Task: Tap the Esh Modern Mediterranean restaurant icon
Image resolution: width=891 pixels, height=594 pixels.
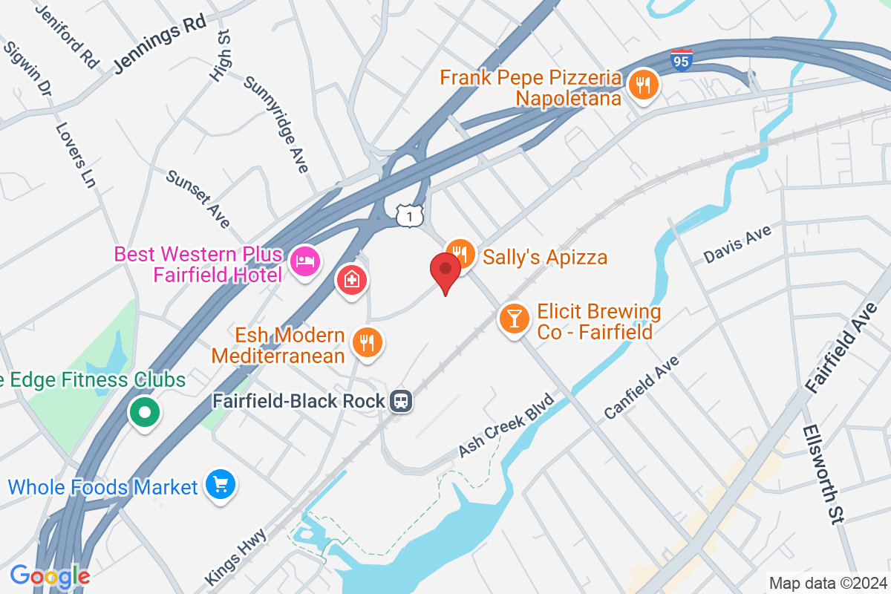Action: (367, 342)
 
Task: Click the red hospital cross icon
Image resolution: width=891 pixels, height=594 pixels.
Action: (350, 281)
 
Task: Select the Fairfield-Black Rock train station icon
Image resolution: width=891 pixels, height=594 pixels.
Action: (402, 401)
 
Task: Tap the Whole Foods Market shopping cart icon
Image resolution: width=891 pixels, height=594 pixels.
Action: (221, 486)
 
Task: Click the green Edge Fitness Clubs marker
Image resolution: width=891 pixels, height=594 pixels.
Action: (144, 411)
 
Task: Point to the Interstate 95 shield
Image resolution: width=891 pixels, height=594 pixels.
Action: (681, 60)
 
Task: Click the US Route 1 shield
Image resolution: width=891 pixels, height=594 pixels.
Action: (409, 216)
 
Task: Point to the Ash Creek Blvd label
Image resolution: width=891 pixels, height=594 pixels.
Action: (506, 425)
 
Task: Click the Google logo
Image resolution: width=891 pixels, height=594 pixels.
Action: (50, 575)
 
